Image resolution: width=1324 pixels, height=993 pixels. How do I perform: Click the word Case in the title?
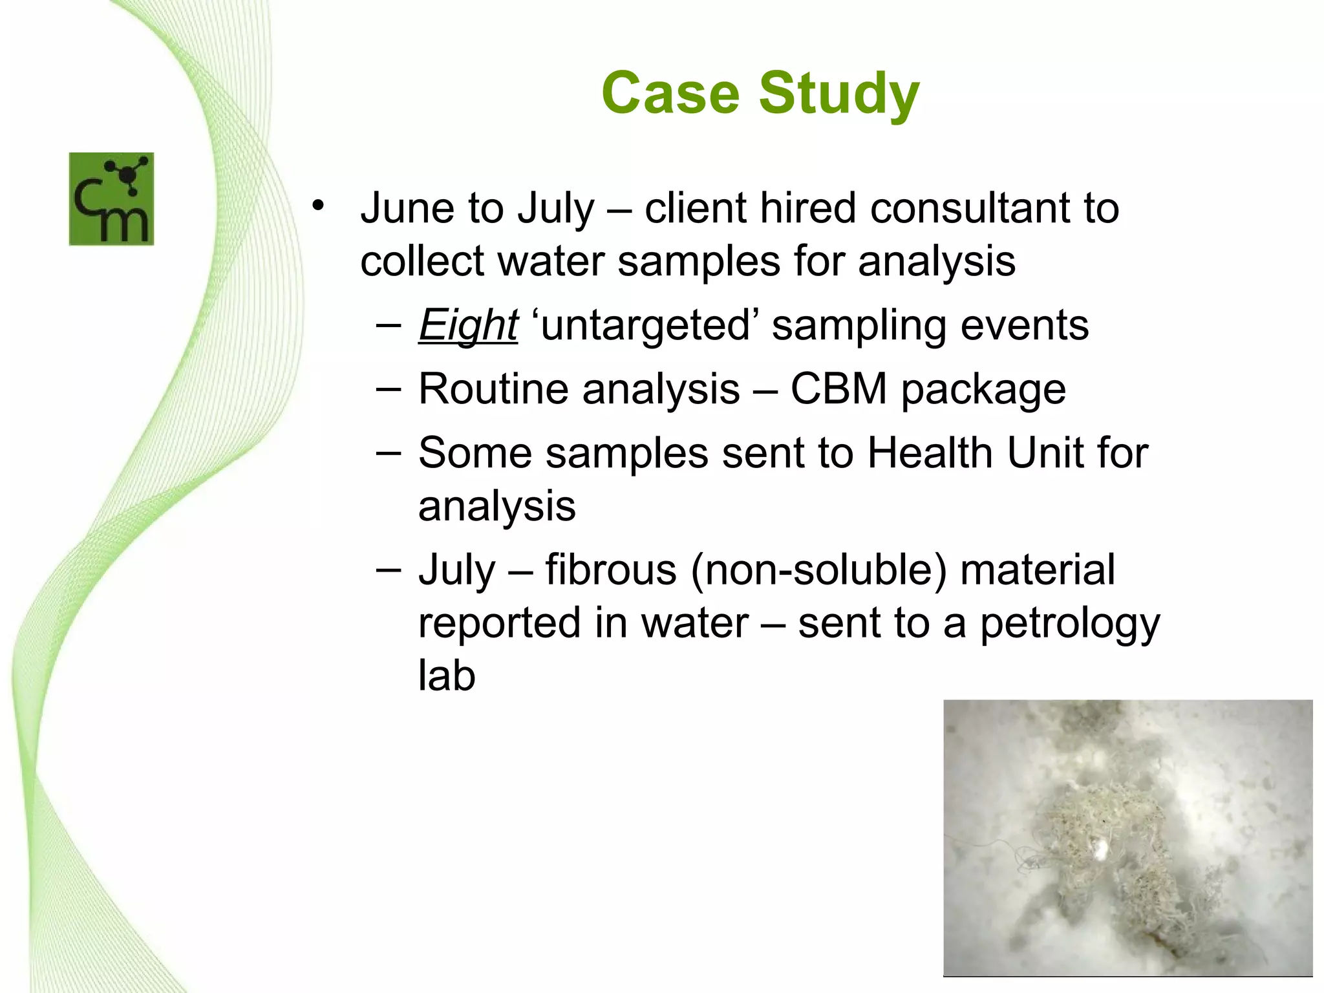670,93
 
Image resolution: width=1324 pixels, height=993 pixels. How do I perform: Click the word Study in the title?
838,94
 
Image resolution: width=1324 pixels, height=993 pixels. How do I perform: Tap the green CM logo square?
111,199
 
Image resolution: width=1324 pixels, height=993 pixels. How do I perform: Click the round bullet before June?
317,206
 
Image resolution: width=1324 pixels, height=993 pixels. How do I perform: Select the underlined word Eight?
468,325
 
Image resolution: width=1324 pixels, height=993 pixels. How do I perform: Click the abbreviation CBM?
838,389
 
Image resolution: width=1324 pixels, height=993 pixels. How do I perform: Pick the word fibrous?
610,570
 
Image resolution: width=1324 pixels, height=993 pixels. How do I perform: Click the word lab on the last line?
447,676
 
